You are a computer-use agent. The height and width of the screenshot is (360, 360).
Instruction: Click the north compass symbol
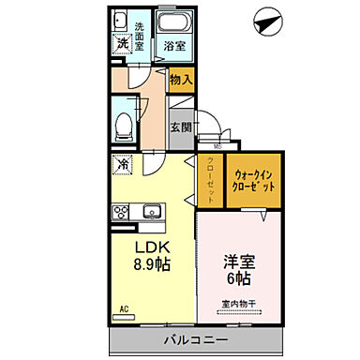point(268,19)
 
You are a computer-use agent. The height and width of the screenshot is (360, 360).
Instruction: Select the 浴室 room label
point(172,45)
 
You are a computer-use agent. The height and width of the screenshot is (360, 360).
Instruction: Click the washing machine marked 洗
point(122,43)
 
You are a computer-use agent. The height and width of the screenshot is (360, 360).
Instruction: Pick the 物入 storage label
point(181,81)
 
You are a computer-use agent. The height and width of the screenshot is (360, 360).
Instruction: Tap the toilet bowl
point(122,124)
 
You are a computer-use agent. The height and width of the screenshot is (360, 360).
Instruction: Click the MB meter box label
point(217,145)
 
